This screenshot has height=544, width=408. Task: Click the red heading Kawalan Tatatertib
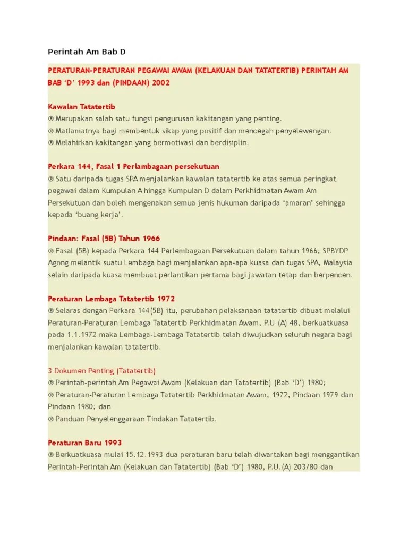(x=82, y=106)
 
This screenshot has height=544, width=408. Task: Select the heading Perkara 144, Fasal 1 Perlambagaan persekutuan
(x=133, y=166)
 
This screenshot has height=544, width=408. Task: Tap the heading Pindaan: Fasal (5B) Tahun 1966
(x=104, y=239)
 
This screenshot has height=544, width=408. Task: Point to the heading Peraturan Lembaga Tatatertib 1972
(x=111, y=299)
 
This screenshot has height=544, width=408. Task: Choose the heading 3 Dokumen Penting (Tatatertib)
(x=101, y=370)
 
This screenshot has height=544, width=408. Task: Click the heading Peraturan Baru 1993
(x=85, y=443)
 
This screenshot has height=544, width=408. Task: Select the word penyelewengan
(x=300, y=130)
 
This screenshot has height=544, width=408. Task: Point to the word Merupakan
(x=75, y=118)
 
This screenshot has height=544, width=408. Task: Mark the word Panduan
(x=70, y=419)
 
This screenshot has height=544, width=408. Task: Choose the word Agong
(x=59, y=262)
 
